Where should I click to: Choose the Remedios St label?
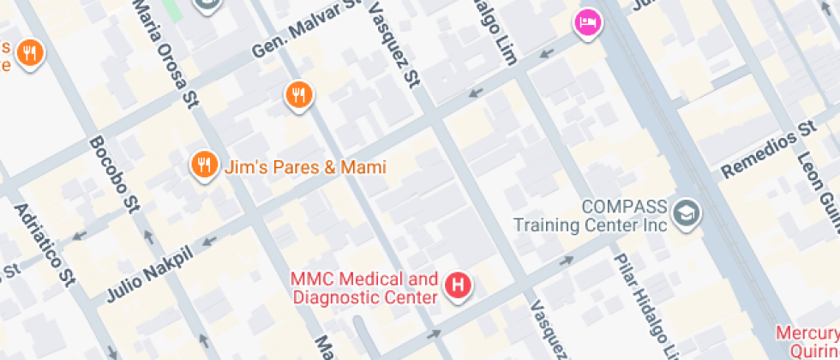(x=768, y=150)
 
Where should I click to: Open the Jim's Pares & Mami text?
(x=304, y=167)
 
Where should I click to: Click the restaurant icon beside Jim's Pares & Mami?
(x=203, y=165)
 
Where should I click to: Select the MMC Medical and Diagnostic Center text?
(x=364, y=288)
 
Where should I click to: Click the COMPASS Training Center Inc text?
(x=601, y=216)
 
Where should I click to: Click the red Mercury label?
(x=807, y=333)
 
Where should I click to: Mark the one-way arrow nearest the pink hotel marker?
(x=546, y=53)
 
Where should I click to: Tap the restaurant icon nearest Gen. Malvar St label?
(x=297, y=94)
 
